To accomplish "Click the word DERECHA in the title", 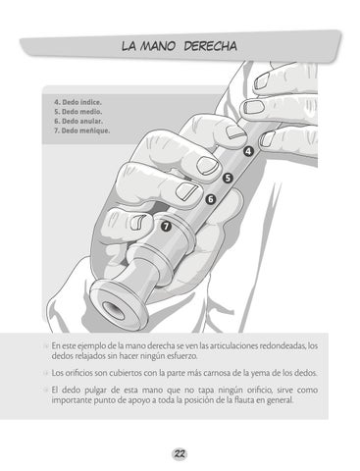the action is coord(210,46).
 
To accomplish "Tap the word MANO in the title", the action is coord(158,46).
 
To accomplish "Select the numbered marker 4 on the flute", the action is coord(248,151).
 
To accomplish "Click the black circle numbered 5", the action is coord(228,179).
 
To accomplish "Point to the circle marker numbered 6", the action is coord(211,199).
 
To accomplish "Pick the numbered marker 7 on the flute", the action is coord(166,226).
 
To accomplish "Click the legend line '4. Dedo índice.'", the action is coord(77,102).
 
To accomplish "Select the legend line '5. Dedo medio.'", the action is coord(78,112).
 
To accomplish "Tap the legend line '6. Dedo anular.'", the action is coord(78,121).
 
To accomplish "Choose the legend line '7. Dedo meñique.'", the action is coord(82,131).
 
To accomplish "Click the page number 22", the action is coord(180,454).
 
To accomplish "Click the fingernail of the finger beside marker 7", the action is coord(136,222).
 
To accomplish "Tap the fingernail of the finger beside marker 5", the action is coord(207,165).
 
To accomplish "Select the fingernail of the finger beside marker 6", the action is coord(186,191).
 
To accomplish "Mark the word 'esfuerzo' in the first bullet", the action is coord(182,356).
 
